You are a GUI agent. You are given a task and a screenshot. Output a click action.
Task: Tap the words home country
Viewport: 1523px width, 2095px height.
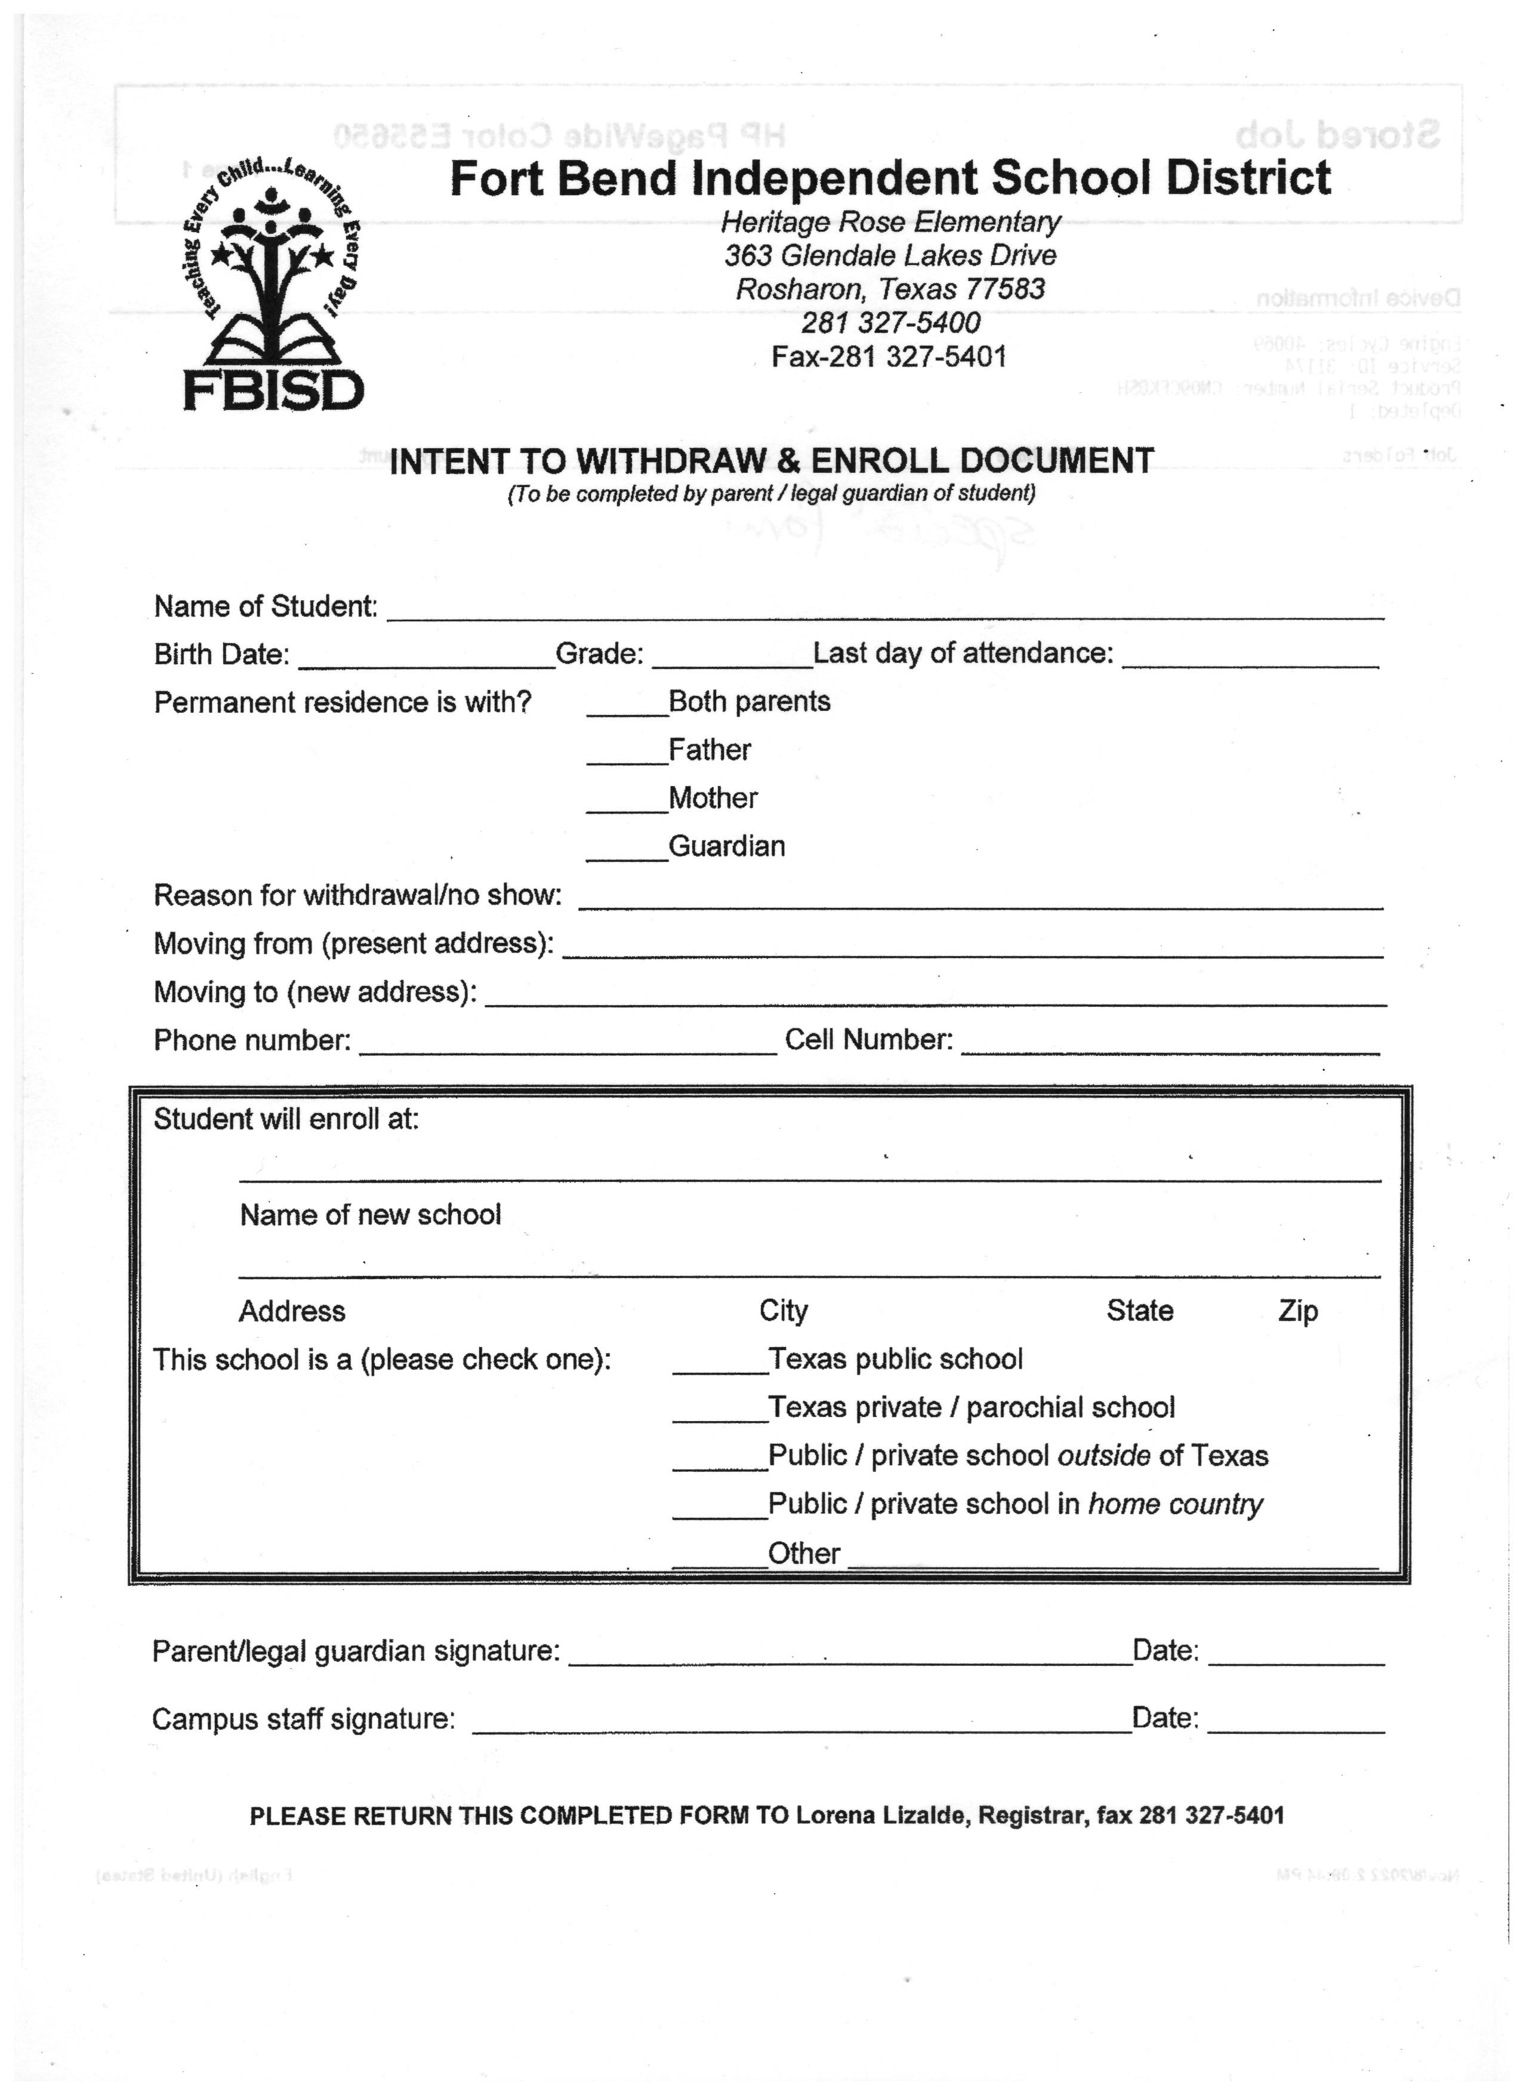pyautogui.click(x=1175, y=1505)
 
